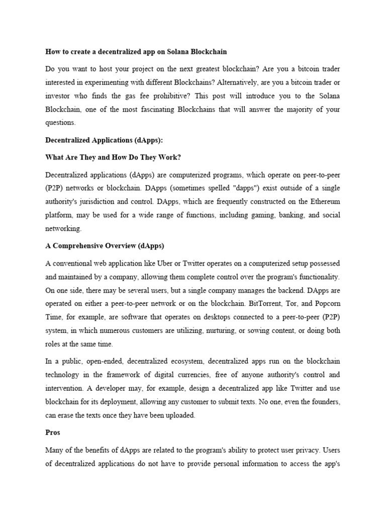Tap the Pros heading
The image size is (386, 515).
[x=53, y=433]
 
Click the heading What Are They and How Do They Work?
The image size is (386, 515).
[x=113, y=157]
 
